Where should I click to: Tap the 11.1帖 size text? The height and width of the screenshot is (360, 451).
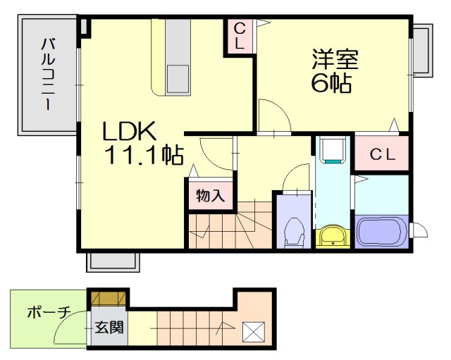click(144, 155)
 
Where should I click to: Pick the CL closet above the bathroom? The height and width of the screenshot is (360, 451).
click(381, 154)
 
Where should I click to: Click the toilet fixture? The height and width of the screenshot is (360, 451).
click(293, 232)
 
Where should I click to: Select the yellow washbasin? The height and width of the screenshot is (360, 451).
click(332, 236)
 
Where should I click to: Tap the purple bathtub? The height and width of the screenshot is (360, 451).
click(381, 231)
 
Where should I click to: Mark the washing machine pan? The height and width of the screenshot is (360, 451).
click(330, 149)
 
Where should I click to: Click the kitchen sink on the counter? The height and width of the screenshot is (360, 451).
click(177, 77)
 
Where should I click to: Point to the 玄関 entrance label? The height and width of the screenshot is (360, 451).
click(108, 327)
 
